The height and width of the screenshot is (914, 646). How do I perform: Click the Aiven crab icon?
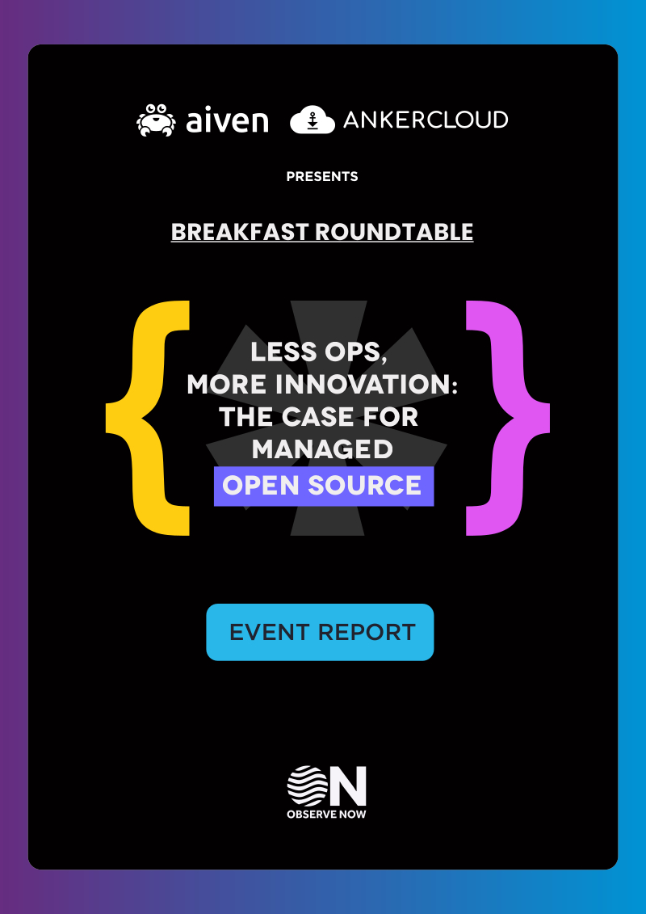pyautogui.click(x=156, y=120)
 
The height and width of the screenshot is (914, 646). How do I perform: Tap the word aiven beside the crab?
pyautogui.click(x=227, y=120)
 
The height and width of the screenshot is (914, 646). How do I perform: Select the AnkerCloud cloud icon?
pyautogui.click(x=313, y=120)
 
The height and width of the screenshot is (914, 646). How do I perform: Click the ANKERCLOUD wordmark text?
pyautogui.click(x=426, y=120)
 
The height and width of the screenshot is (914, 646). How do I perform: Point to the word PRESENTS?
pyautogui.click(x=322, y=177)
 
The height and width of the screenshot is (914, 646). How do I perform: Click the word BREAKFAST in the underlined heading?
pyautogui.click(x=239, y=232)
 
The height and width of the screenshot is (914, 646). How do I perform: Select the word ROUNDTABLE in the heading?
pyautogui.click(x=394, y=232)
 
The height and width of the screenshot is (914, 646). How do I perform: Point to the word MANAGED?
pyautogui.click(x=322, y=449)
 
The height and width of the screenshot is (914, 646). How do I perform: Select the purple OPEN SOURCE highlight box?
pyautogui.click(x=324, y=486)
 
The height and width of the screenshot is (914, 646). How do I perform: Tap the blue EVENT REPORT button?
pyautogui.click(x=321, y=633)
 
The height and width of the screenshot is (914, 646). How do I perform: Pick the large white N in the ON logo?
pyautogui.click(x=348, y=786)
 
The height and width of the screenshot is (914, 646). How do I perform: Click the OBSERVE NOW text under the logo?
pyautogui.click(x=327, y=815)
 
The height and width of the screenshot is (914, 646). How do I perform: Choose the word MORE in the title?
pyautogui.click(x=227, y=385)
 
